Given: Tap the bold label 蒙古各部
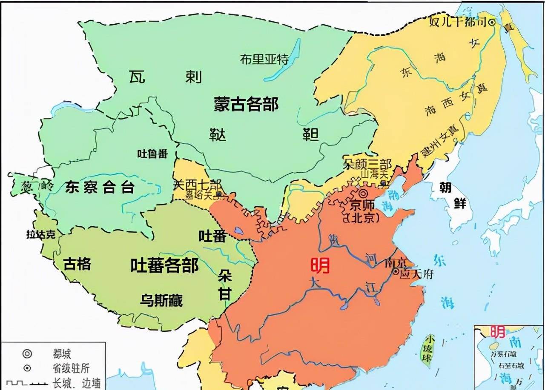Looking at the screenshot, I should coord(246,103).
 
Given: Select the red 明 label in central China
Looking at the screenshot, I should coord(320,266).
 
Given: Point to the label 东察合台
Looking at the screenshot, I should coord(100,187).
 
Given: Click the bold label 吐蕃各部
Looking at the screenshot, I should coord(164,266).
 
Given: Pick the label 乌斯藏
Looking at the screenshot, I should coord(161,300).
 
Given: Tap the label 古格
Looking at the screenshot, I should coord(77,264).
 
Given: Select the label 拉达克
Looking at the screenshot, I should coord(41,235).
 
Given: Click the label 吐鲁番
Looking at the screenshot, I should coord(152,154).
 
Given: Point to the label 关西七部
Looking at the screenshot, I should coord(198,185).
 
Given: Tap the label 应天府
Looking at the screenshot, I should coord(417,274).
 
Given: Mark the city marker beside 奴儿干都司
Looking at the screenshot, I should coord(492,23).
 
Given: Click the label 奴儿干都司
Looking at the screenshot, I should coord(458,23).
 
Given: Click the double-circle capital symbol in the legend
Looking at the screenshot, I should coord(27,354).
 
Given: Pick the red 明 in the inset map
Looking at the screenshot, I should coord(497,331).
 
